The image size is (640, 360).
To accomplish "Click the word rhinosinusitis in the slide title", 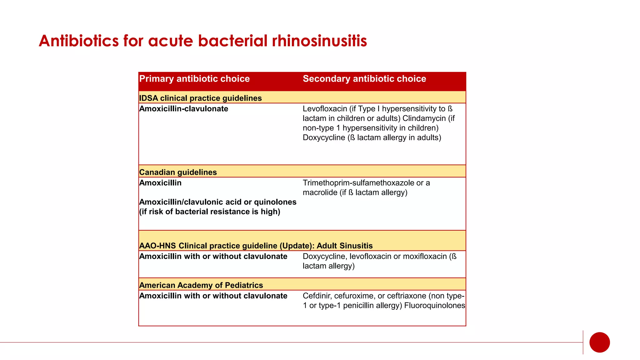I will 319,41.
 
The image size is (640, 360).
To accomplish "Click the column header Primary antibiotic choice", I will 194,79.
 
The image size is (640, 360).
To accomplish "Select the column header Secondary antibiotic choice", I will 364,79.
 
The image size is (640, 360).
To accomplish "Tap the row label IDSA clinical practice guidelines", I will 200,98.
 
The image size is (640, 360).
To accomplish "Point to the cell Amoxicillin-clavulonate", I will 184,109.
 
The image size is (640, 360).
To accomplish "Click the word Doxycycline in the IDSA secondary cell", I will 324,137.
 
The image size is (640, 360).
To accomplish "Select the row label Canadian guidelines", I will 178,172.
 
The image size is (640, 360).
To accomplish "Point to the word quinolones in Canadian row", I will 275,202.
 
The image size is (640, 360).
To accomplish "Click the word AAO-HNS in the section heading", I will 157,246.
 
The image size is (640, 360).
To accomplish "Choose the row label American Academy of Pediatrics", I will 201,285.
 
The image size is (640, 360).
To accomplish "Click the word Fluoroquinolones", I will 434,306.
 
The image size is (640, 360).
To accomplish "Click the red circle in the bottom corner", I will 599,342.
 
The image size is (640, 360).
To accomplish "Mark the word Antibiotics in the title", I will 79,41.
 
